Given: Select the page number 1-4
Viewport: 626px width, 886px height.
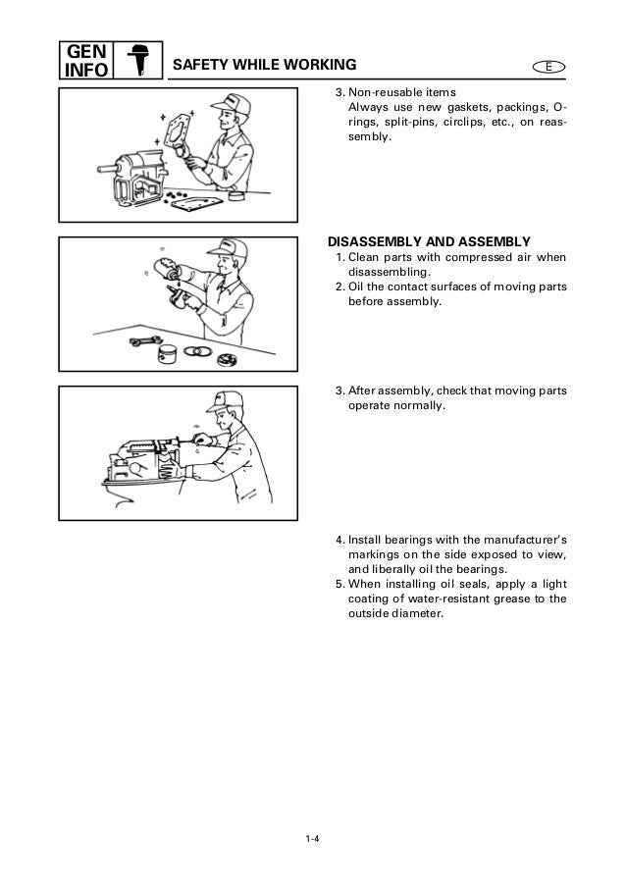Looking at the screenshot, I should [x=313, y=836].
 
